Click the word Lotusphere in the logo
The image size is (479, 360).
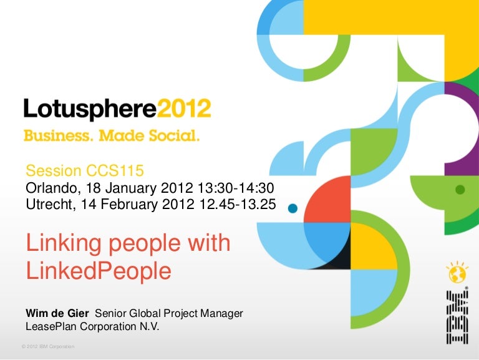point(90,109)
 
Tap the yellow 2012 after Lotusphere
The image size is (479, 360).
point(184,108)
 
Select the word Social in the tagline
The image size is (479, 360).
point(174,135)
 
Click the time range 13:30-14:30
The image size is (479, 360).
point(236,188)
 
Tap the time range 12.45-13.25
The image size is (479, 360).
point(238,204)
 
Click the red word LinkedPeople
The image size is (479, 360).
point(99,271)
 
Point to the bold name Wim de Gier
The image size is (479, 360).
point(57,313)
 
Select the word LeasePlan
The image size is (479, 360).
point(51,327)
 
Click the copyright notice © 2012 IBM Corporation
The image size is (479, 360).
point(48,346)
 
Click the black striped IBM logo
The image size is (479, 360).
point(457,317)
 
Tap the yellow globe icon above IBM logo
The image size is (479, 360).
point(457,273)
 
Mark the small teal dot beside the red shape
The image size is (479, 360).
point(293,208)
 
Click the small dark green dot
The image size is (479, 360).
point(460,190)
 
